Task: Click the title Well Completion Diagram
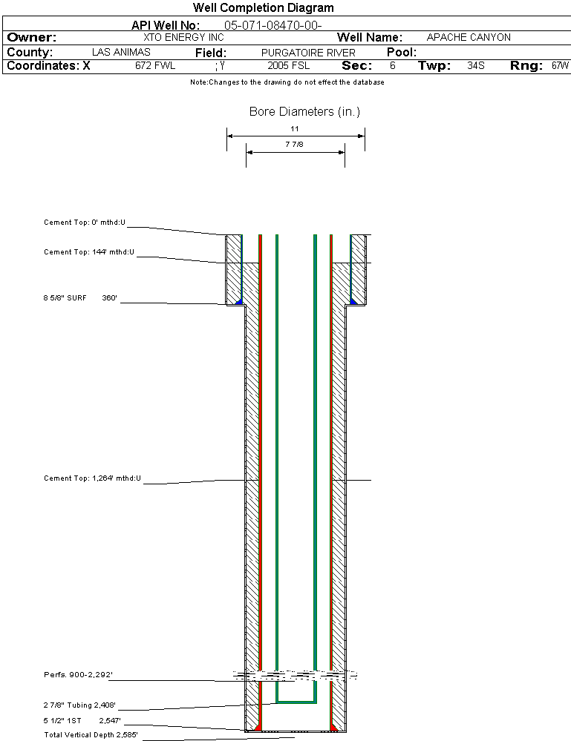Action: (263, 8)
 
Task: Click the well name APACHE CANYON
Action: (469, 37)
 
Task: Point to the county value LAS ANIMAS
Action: (121, 53)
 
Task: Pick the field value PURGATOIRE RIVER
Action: (308, 53)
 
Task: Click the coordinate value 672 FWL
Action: (155, 66)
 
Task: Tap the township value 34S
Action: (476, 66)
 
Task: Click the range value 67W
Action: (560, 66)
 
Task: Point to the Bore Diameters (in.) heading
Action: (304, 112)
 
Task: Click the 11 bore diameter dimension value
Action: (295, 128)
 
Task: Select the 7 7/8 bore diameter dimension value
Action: (295, 145)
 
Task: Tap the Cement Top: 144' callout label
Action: (89, 252)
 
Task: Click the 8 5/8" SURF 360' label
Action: (81, 298)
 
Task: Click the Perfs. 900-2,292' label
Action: (78, 675)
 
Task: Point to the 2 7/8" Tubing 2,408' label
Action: (80, 705)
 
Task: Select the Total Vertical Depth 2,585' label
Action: (91, 735)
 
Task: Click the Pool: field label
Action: (402, 53)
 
